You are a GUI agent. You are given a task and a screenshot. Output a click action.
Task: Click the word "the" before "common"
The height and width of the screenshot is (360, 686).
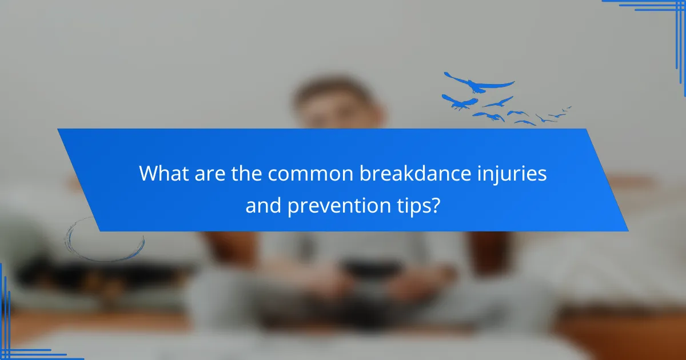coord(242,173)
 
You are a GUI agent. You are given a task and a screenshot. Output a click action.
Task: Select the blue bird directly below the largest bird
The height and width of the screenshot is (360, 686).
coord(459,102)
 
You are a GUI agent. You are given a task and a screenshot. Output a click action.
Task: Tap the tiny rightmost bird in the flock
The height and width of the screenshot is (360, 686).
coord(567,107)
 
